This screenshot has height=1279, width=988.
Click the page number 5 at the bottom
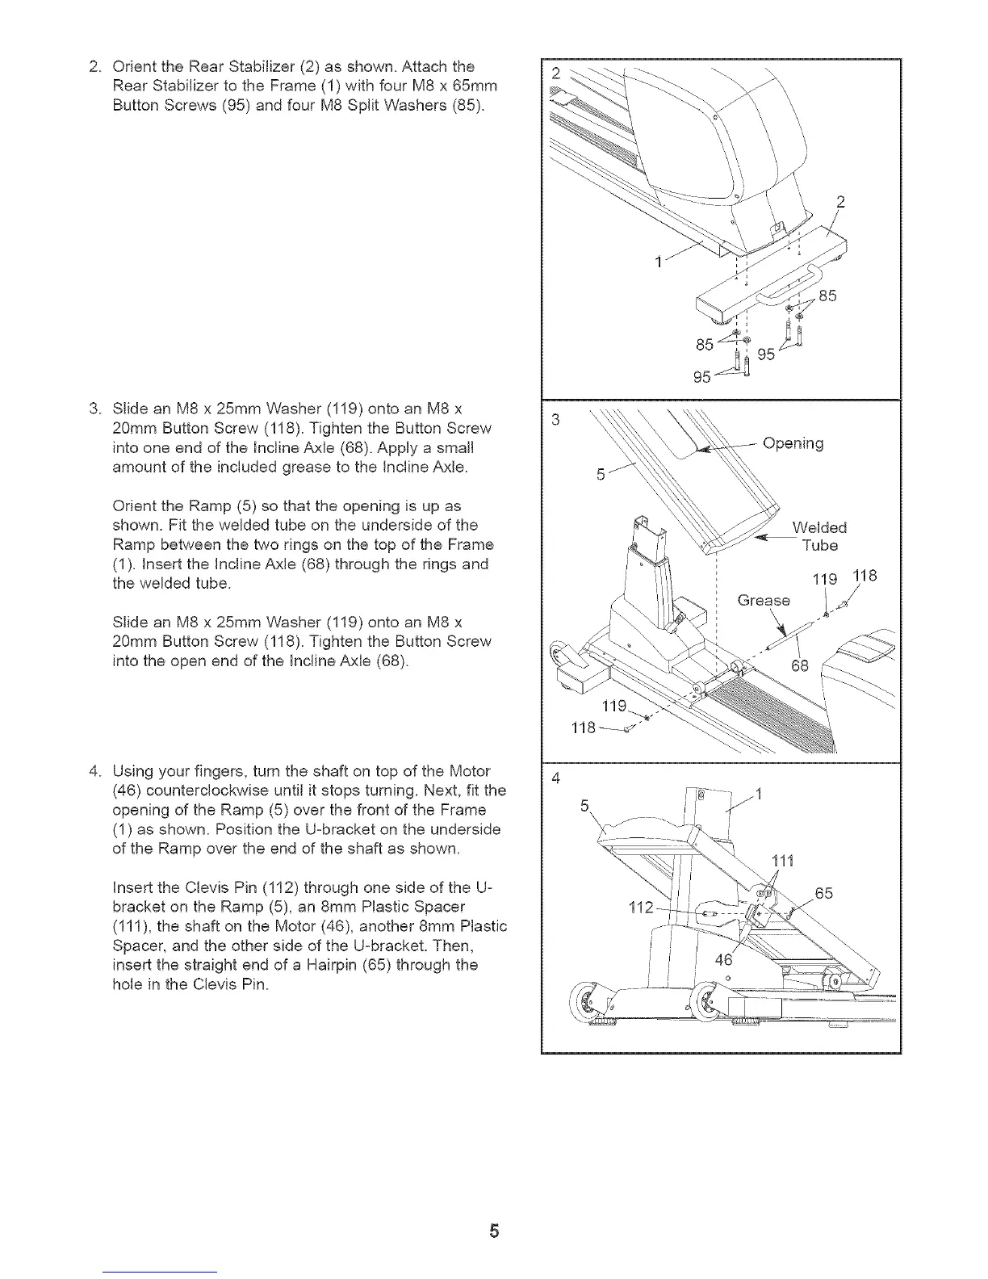tap(494, 1231)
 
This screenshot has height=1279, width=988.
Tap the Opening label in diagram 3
tap(793, 444)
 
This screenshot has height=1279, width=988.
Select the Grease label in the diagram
tap(764, 601)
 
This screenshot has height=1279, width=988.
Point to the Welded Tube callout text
tap(819, 537)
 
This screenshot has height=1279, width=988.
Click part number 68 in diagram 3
tap(799, 666)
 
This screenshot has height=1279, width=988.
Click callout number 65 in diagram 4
tap(824, 894)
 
